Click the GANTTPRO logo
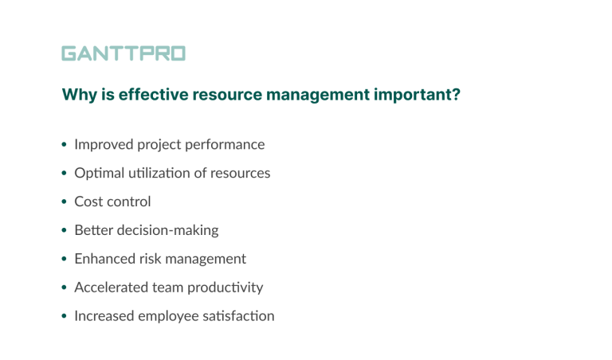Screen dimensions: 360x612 tap(124, 54)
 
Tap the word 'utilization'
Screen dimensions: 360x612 tap(158, 173)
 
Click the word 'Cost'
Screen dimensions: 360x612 tap(88, 202)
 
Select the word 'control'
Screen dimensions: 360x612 tap(127, 202)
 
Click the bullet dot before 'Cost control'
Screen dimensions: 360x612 tap(65, 202)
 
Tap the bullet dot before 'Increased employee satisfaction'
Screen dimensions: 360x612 tap(65, 317)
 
